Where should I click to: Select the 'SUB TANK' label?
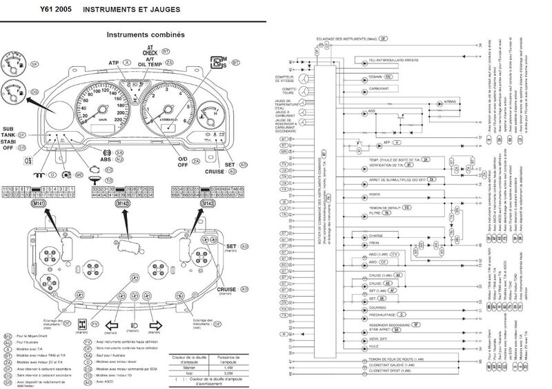coord(13,132)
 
